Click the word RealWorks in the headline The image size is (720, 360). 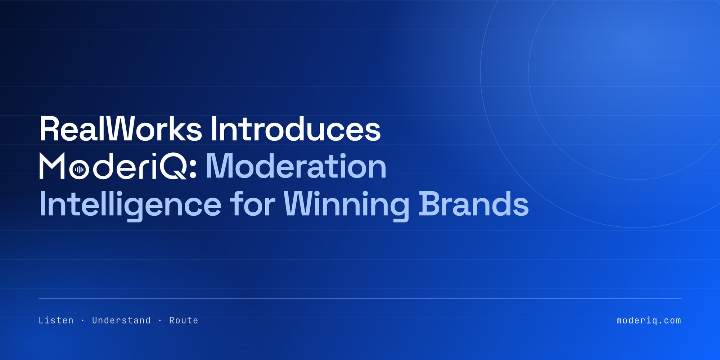(121, 129)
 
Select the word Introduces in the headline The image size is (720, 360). (296, 129)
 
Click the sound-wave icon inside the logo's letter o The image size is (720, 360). (79, 170)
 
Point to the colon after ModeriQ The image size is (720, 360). (193, 170)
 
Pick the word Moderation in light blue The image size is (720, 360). (296, 166)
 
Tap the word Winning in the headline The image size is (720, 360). (346, 205)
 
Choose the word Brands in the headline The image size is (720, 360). (473, 203)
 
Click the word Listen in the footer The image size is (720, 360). (56, 320)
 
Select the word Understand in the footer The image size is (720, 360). (121, 320)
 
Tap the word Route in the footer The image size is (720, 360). (184, 320)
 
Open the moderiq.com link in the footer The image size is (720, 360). (649, 320)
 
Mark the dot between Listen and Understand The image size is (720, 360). (83, 320)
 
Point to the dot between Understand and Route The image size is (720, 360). (160, 320)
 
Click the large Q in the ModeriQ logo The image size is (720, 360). (173, 166)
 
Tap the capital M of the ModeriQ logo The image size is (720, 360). (52, 166)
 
